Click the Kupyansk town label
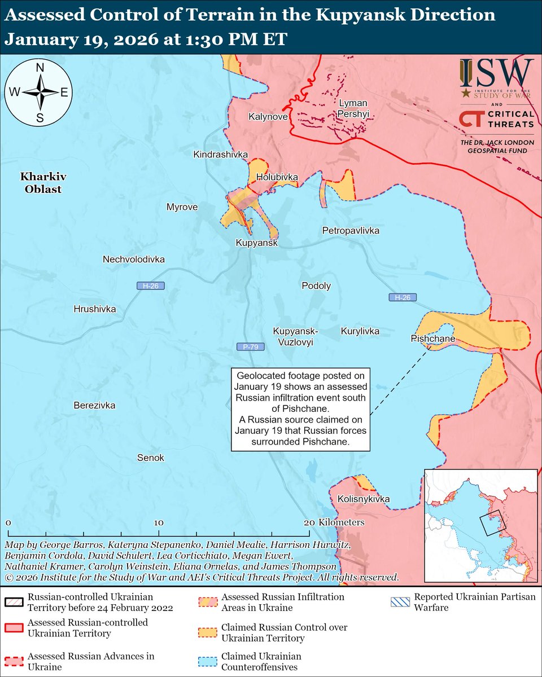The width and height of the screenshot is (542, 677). (x=257, y=243)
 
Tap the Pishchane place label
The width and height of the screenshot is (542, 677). (x=433, y=338)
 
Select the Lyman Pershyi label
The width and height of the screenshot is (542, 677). (x=353, y=108)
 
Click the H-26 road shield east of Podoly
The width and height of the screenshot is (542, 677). (x=402, y=297)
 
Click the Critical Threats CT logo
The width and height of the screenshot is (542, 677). (x=470, y=119)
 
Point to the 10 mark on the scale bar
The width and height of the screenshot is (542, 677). (x=159, y=522)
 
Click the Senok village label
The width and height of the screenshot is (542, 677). (x=151, y=458)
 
